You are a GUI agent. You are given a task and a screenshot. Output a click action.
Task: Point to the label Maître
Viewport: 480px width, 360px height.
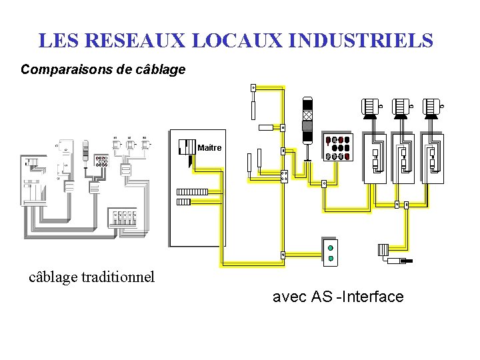pyautogui.click(x=210, y=147)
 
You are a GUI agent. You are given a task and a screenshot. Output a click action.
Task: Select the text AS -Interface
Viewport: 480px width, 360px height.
pyautogui.click(x=357, y=297)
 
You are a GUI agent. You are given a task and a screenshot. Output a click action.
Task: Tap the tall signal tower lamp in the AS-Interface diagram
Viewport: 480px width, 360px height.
pyautogui.click(x=307, y=120)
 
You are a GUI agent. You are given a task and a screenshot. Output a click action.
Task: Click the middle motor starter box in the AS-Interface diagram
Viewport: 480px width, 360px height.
pyautogui.click(x=403, y=157)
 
